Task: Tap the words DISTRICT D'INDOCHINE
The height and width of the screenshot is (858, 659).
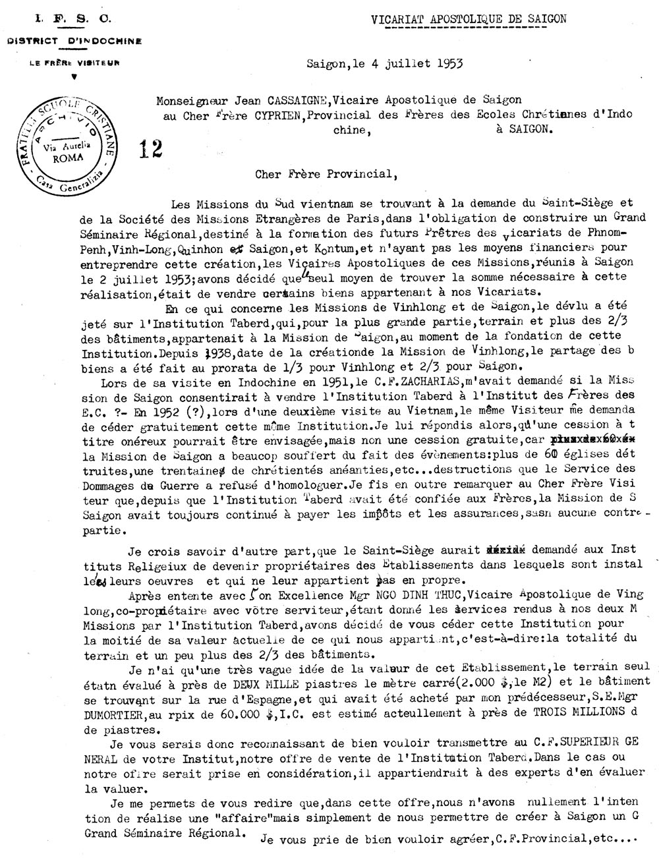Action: click(x=74, y=41)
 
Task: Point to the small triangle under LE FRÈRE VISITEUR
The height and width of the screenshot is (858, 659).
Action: click(x=74, y=76)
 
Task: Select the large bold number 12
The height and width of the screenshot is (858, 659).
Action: click(x=151, y=150)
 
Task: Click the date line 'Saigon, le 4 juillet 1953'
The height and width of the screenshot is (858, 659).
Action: click(x=384, y=64)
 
